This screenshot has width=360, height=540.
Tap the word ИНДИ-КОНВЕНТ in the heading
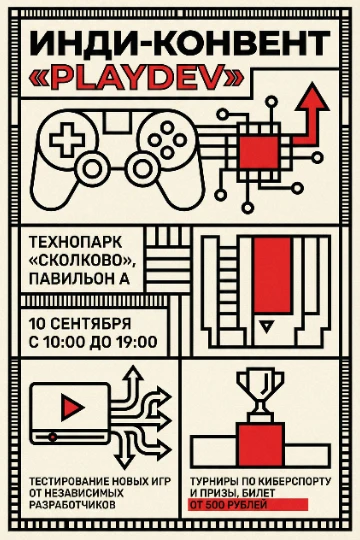[180, 44]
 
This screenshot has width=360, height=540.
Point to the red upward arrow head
[314, 97]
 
